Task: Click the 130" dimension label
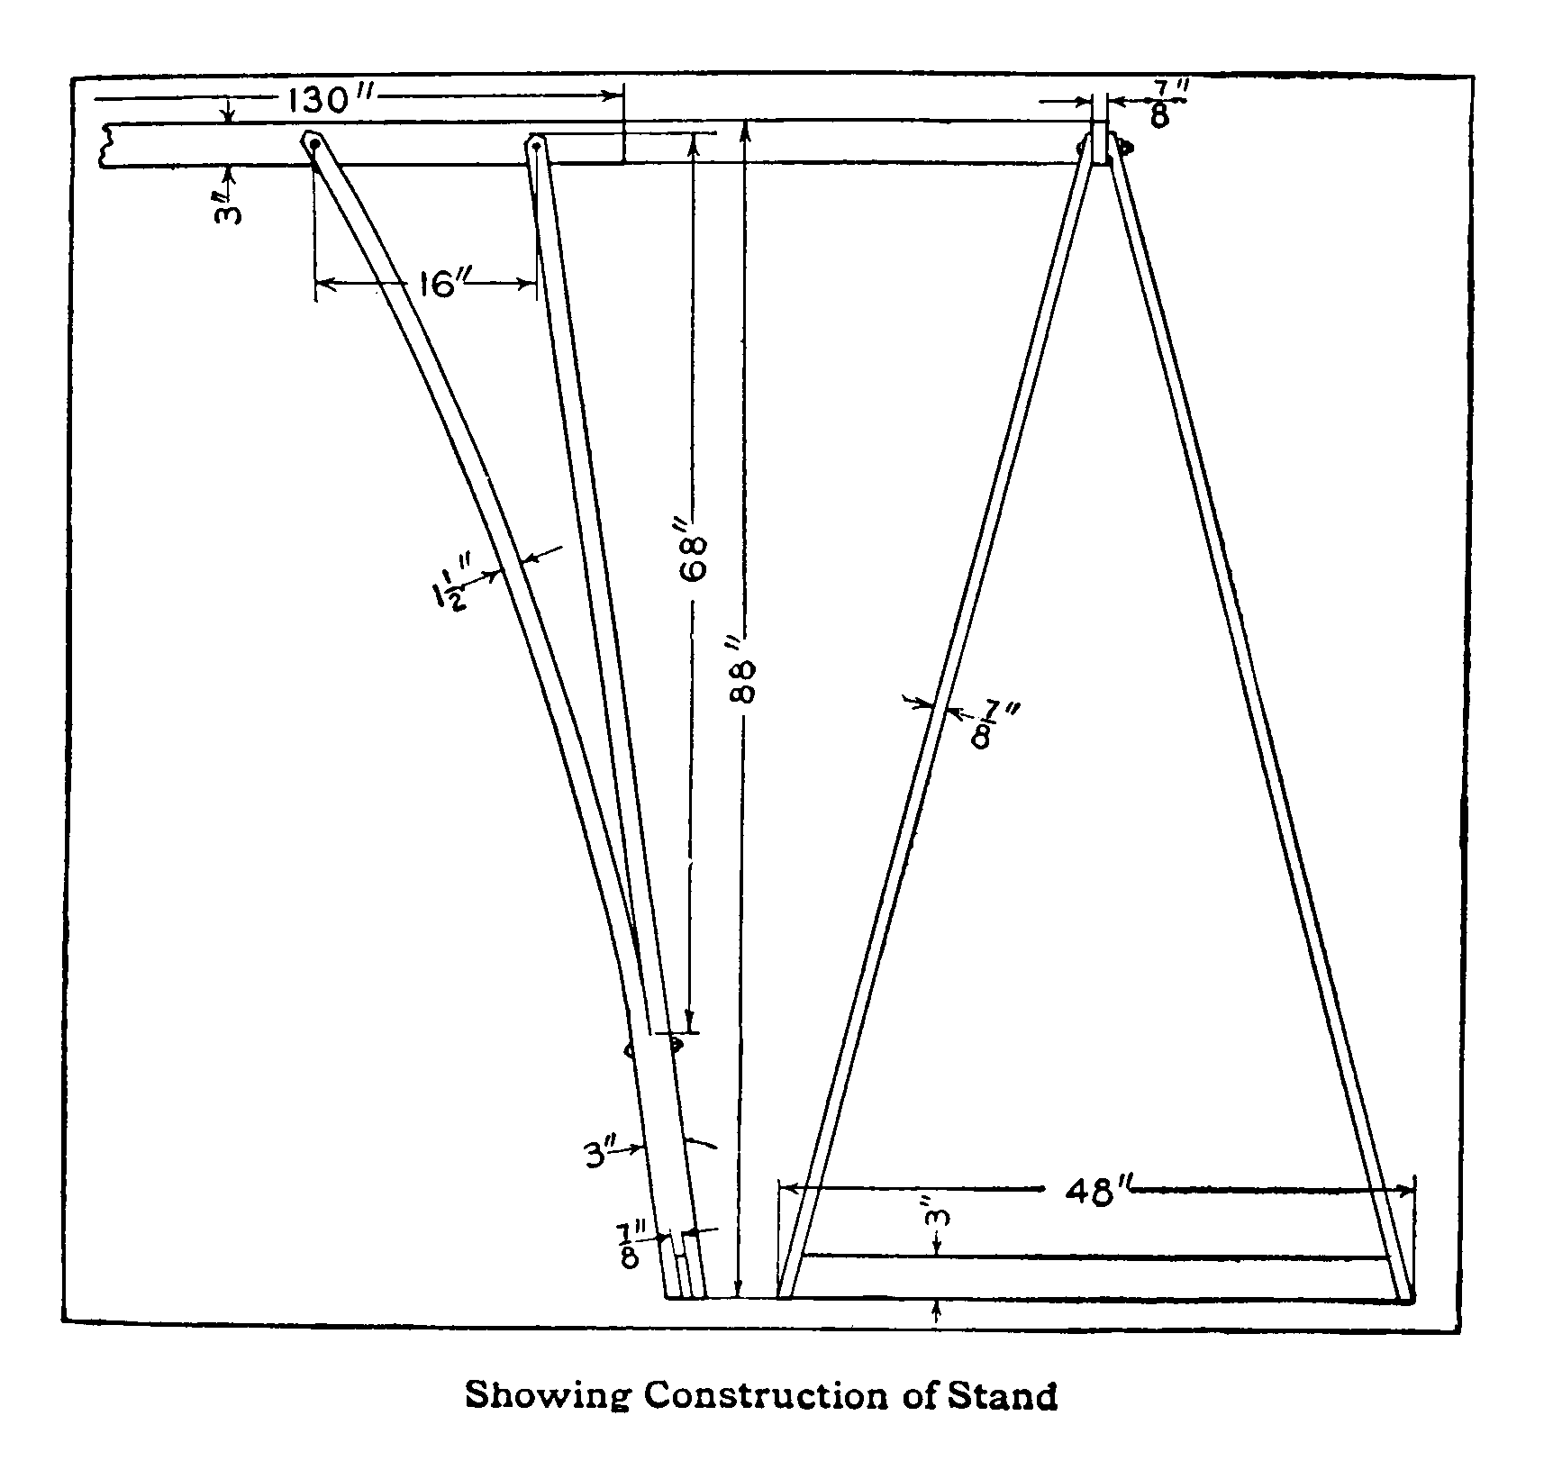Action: pyautogui.click(x=330, y=100)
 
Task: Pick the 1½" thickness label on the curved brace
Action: pyautogui.click(x=453, y=585)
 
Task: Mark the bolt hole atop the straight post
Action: pyautogui.click(x=537, y=145)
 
